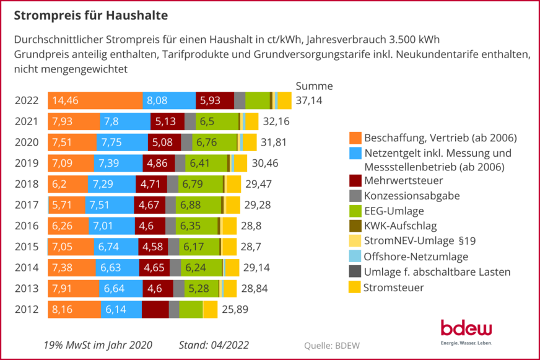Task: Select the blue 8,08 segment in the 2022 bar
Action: click(x=169, y=100)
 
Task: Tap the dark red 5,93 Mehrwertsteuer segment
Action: click(x=215, y=100)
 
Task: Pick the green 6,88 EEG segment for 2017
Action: click(x=198, y=205)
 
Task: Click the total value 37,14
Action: click(x=309, y=100)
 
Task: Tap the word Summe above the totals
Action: click(x=314, y=86)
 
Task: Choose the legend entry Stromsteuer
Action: click(x=393, y=287)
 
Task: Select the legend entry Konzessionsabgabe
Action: click(x=412, y=196)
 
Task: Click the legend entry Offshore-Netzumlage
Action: click(x=416, y=257)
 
